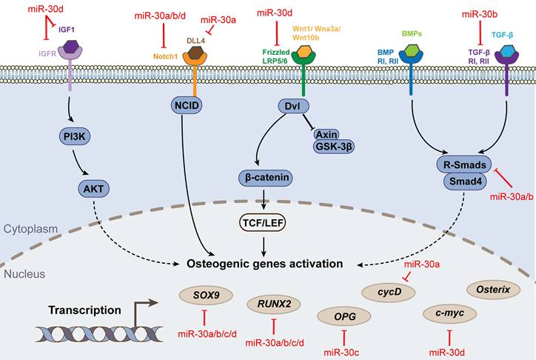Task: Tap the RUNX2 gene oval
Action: [273, 303]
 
